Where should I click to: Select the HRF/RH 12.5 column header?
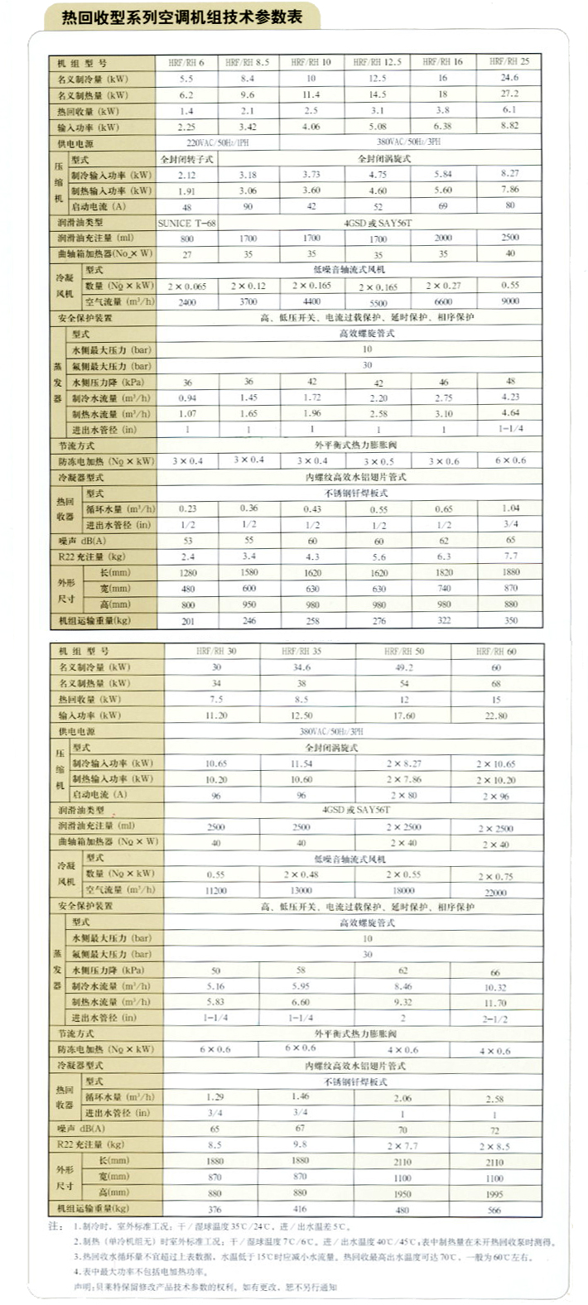pyautogui.click(x=378, y=62)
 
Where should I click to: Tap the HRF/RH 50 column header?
pyautogui.click(x=403, y=651)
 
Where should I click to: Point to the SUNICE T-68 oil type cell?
pyautogui.click(x=186, y=223)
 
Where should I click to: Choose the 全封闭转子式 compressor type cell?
pyautogui.click(x=186, y=159)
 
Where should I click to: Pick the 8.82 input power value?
pyautogui.click(x=509, y=126)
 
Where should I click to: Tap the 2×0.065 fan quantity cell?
pyautogui.click(x=187, y=287)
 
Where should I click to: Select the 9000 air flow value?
pyautogui.click(x=510, y=301)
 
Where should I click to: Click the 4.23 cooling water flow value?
pyautogui.click(x=510, y=397)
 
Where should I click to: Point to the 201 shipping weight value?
pyautogui.click(x=187, y=621)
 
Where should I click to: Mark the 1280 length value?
pyautogui.click(x=187, y=572)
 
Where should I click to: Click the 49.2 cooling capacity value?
pyautogui.click(x=403, y=667)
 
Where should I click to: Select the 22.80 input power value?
pyautogui.click(x=496, y=715)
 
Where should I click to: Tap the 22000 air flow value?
pyautogui.click(x=495, y=892)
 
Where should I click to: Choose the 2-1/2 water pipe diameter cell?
pyautogui.click(x=495, y=1019)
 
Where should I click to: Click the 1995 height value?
pyautogui.click(x=494, y=1194)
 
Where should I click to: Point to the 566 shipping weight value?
pyautogui.click(x=494, y=1210)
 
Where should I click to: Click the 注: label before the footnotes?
pyautogui.click(x=55, y=1226)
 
